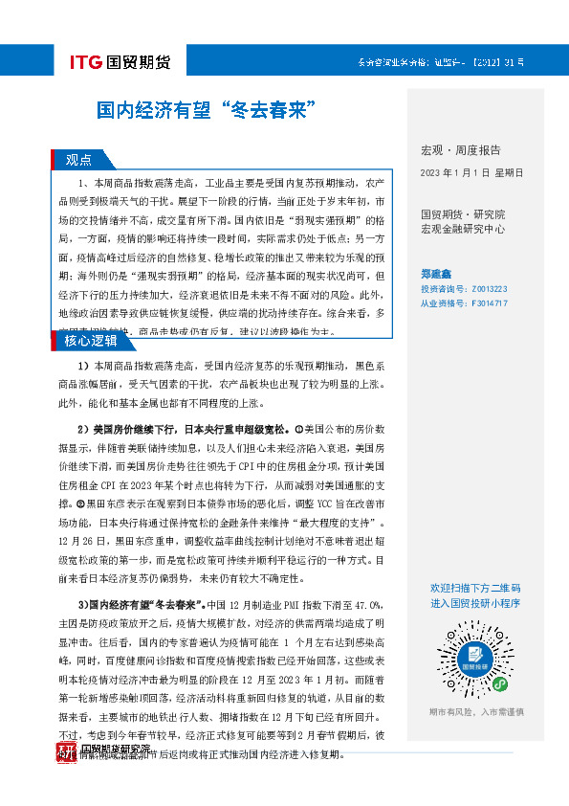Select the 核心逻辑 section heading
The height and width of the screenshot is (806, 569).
pyautogui.click(x=91, y=340)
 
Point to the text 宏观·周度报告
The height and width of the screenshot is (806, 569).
pyautogui.click(x=461, y=150)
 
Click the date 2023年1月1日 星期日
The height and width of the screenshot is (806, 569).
pyautogui.click(x=471, y=172)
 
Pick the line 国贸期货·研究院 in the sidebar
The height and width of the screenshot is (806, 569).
pyautogui.click(x=463, y=214)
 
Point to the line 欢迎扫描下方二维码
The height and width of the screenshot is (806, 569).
pyautogui.click(x=475, y=588)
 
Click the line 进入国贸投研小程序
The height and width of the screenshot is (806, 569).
pyautogui.click(x=475, y=603)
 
